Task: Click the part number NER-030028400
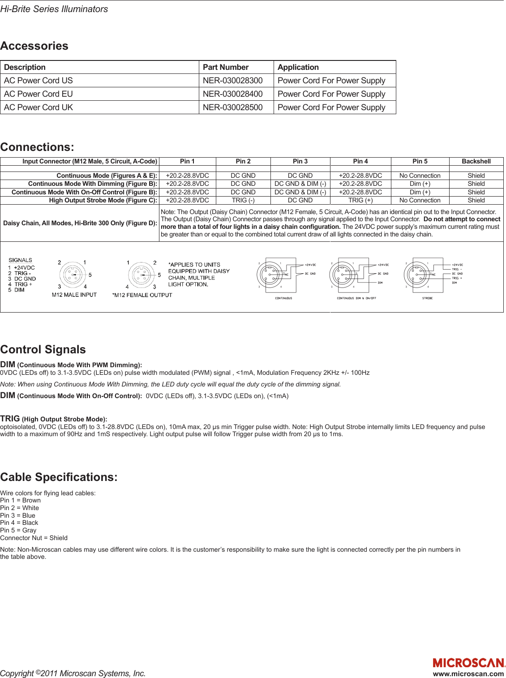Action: click(232, 94)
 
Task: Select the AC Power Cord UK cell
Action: click(39, 107)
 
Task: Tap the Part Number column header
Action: click(225, 67)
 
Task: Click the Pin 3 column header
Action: click(300, 161)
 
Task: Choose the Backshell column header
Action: click(476, 161)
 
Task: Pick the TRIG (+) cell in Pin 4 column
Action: click(360, 200)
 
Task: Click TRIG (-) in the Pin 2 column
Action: click(243, 200)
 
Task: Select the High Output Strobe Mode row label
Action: click(103, 200)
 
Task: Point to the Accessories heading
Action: click(34, 46)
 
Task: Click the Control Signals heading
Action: click(43, 350)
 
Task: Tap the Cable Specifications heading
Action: click(59, 477)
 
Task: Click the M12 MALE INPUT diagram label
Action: click(74, 295)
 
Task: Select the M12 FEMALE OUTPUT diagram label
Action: click(142, 295)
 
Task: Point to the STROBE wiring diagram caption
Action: click(427, 298)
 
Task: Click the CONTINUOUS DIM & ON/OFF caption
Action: click(356, 298)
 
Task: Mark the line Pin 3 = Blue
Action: click(18, 515)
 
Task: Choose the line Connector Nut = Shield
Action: click(34, 538)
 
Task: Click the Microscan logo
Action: click(468, 663)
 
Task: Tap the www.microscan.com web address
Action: click(468, 674)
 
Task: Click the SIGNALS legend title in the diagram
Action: click(21, 260)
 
